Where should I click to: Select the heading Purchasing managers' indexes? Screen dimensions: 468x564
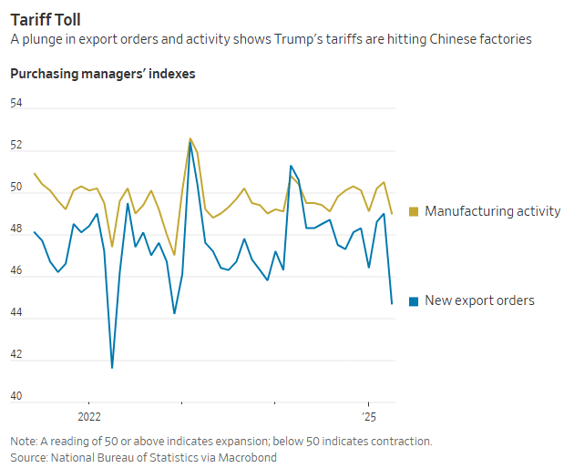pos(102,73)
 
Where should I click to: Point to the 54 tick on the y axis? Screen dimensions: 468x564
pos(16,103)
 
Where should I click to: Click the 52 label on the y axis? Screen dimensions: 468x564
pos(16,146)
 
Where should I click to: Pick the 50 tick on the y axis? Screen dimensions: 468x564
pos(16,188)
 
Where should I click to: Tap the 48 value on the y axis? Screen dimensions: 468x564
pos(16,231)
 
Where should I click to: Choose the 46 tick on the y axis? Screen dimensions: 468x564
pos(16,274)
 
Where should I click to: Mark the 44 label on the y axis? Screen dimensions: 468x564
pos(16,317)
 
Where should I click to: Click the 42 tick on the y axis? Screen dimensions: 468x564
pos(16,360)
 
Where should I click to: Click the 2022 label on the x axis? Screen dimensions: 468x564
pos(87,416)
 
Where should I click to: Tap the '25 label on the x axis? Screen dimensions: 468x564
pos(368,416)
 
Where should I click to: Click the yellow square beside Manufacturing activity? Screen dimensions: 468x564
pos(414,211)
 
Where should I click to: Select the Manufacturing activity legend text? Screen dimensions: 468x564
pos(492,211)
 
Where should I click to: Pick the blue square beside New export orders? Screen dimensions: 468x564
pos(414,300)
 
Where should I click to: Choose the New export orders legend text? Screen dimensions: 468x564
pos(479,300)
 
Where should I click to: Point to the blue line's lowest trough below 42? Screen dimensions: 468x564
pos(112,367)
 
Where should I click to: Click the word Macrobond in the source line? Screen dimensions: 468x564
pos(247,457)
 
